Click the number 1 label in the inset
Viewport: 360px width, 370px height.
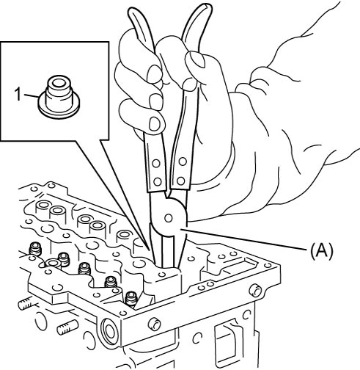click(18, 95)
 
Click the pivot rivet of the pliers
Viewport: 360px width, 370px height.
click(169, 218)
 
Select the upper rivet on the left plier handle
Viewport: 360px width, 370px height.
click(156, 163)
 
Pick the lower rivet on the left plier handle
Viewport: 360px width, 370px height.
click(158, 181)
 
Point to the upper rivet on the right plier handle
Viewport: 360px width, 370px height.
click(183, 162)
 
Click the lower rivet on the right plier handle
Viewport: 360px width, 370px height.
click(181, 181)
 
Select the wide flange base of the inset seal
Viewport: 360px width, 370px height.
click(59, 109)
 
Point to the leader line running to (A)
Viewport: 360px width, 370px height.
click(243, 239)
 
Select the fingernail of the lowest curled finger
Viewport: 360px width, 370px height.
click(155, 123)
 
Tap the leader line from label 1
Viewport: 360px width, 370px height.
click(30, 96)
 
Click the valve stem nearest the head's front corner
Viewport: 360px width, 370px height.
click(131, 300)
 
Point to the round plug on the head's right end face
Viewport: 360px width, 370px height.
click(255, 290)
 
